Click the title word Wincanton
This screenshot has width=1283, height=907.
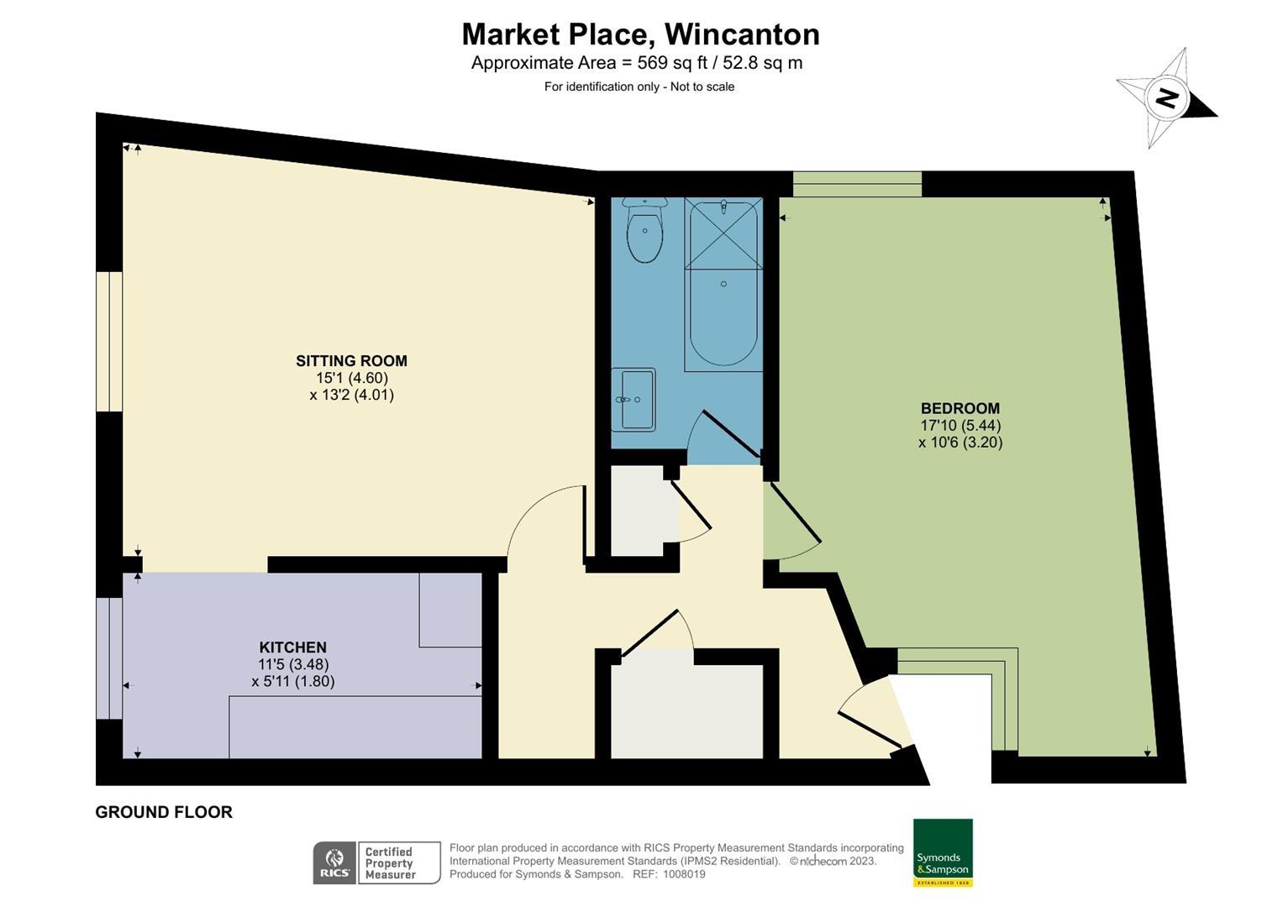click(x=741, y=34)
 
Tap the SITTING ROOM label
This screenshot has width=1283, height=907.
click(x=351, y=361)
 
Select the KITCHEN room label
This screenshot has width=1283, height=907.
click(x=292, y=647)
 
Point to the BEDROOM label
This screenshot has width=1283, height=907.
click(x=960, y=409)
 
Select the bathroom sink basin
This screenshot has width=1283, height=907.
click(x=634, y=400)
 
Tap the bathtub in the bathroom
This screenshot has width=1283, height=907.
click(x=723, y=286)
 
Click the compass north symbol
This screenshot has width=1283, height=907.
click(x=1166, y=98)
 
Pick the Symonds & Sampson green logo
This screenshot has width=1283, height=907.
click(x=943, y=852)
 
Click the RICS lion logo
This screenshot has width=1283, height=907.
click(x=334, y=862)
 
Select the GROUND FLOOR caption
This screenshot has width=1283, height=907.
click(x=164, y=812)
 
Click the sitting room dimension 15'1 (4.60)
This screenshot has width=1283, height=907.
click(x=351, y=378)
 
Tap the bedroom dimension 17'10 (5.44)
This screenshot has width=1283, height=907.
click(x=960, y=426)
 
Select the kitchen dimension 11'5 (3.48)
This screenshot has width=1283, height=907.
click(x=292, y=664)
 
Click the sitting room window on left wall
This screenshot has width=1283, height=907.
click(x=109, y=342)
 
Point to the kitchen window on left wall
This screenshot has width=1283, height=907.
click(x=109, y=658)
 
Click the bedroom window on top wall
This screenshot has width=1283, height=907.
click(x=857, y=184)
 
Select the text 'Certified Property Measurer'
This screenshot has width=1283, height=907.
click(x=390, y=863)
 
